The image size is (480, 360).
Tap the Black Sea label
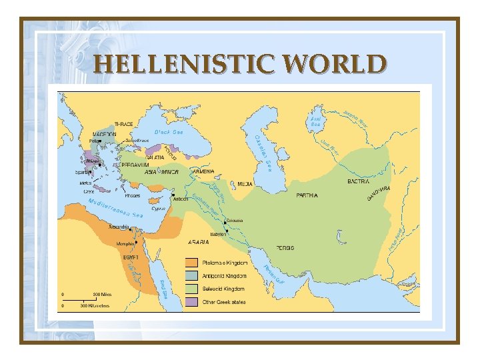[169, 132]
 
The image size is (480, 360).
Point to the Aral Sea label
[316, 121]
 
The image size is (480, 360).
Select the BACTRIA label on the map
[359, 181]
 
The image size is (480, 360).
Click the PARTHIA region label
[307, 195]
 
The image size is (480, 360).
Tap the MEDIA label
[245, 183]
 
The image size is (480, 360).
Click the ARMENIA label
[203, 171]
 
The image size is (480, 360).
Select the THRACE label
[123, 124]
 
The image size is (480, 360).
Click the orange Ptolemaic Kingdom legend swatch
[191, 263]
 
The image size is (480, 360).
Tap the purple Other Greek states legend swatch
[191, 302]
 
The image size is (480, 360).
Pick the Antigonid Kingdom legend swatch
[191, 275]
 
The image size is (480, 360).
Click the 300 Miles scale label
[101, 294]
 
